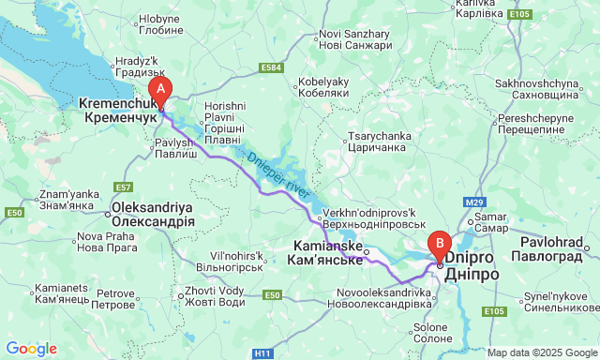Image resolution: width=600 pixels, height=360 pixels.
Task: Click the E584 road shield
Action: pos(272,67)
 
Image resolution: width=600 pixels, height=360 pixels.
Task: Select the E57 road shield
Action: pos(123,187)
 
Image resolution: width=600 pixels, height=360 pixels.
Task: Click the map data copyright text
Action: pos(541,352)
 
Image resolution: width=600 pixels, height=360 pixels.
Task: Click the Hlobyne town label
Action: pos(160,24)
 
